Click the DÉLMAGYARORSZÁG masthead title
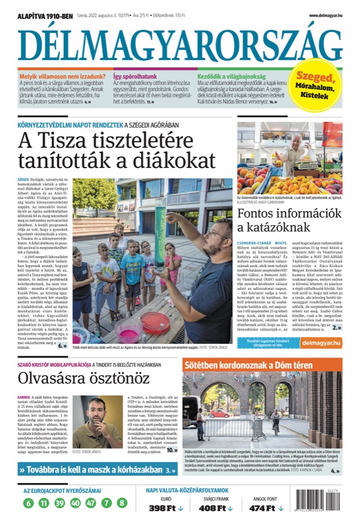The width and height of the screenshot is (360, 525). pyautogui.click(x=180, y=44)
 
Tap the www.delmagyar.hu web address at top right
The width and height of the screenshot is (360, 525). pyautogui.click(x=325, y=16)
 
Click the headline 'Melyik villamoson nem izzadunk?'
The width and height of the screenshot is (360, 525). pyautogui.click(x=62, y=76)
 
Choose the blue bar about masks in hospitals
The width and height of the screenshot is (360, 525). pyautogui.click(x=97, y=470)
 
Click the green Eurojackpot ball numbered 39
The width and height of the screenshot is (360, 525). pyautogui.click(x=60, y=503)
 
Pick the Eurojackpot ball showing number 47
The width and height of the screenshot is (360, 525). pyautogui.click(x=90, y=503)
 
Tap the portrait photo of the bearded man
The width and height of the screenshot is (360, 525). pyautogui.click(x=88, y=422)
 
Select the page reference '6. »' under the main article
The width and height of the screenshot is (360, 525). pyautogui.click(x=62, y=346)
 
